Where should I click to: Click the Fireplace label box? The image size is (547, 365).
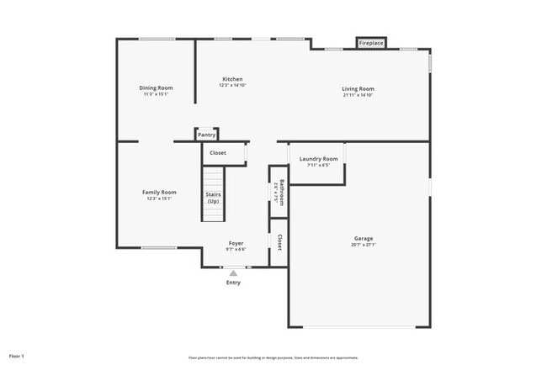pos(371,43)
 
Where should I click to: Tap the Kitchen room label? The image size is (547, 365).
pos(232,79)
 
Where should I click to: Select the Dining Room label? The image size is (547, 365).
pos(156,87)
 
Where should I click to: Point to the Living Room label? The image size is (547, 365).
pos(358,88)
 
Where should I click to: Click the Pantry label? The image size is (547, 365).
pos(206,135)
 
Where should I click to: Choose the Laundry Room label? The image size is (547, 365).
pos(318,158)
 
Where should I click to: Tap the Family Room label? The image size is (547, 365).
pos(159,192)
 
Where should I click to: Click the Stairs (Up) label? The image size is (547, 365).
pos(214,198)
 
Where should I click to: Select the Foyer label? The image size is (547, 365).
pos(236,243)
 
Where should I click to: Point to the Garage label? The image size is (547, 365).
pos(364,238)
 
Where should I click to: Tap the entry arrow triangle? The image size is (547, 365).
pos(233,272)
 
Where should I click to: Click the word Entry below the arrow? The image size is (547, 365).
pos(233,283)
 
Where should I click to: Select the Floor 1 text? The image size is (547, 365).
pos(17,356)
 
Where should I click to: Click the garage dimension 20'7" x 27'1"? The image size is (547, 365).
pos(364,245)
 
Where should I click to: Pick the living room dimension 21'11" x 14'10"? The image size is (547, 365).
pos(358,95)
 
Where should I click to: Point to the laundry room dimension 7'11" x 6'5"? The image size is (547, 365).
pos(318,165)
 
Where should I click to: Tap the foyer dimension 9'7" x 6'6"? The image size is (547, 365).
pos(236,250)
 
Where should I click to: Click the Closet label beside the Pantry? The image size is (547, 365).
pos(218,153)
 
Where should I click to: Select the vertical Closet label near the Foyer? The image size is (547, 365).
pos(279,242)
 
